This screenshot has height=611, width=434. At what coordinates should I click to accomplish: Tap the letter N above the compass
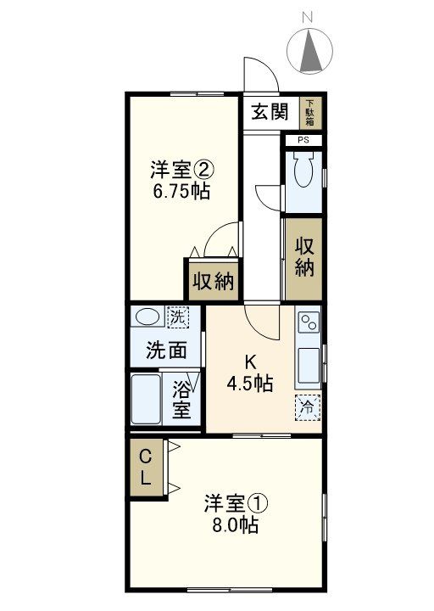[309, 16]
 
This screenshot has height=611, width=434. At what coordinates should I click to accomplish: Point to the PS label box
[303, 139]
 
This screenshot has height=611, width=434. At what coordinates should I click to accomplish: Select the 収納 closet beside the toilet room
[305, 257]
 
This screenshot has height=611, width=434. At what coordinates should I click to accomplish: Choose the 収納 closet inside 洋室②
[212, 281]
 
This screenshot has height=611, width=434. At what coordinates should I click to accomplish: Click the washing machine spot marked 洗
[177, 318]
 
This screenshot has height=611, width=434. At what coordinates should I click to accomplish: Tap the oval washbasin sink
[148, 318]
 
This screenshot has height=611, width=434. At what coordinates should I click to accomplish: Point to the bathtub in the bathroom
[147, 401]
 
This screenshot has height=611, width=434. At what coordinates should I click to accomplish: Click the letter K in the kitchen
[249, 359]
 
